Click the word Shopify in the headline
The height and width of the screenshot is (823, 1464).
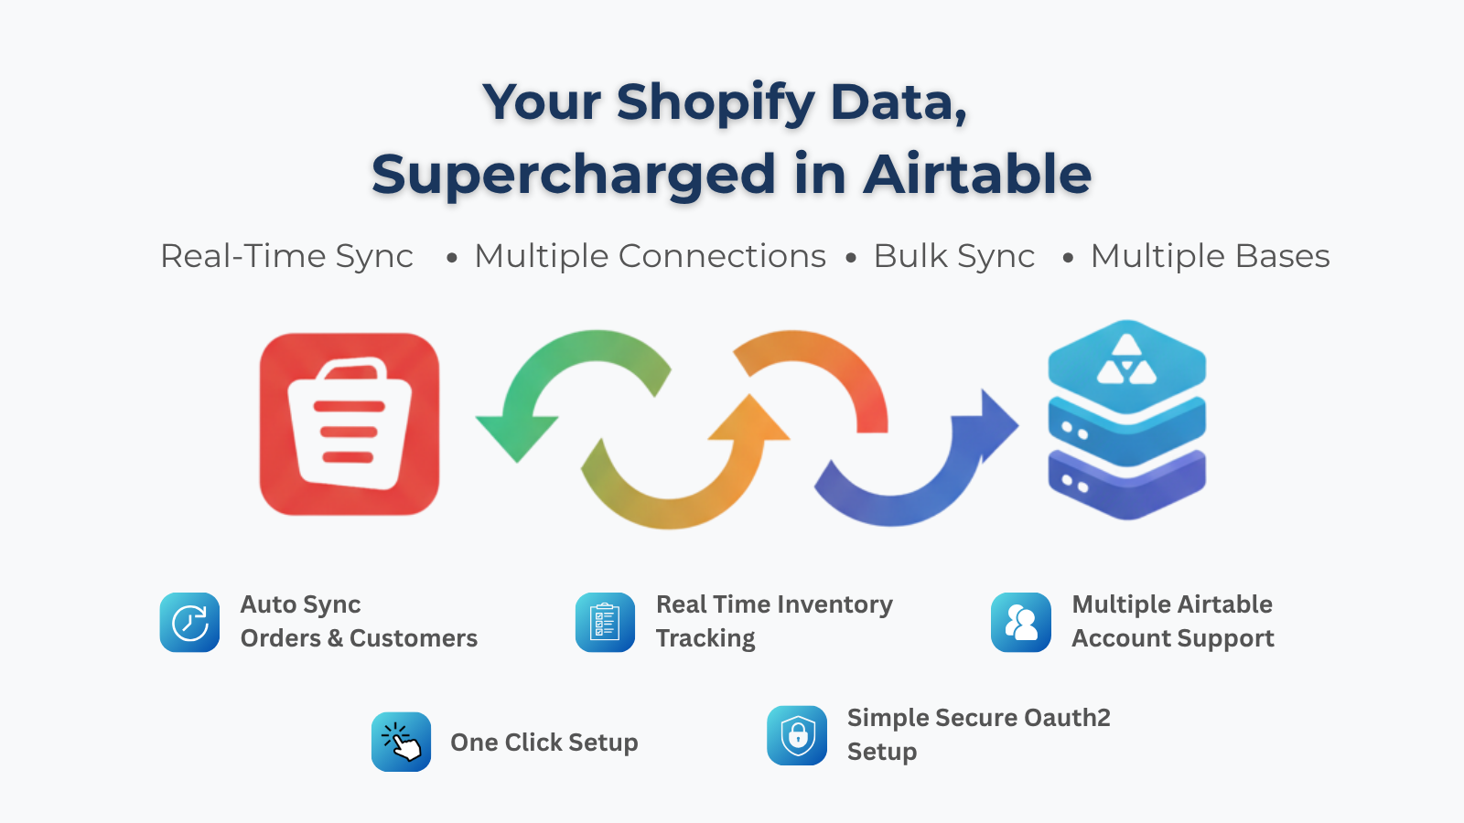point(716,102)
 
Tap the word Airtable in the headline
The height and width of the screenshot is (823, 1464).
point(977,175)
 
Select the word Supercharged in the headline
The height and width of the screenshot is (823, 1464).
point(574,175)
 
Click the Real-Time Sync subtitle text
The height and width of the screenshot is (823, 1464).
point(286,256)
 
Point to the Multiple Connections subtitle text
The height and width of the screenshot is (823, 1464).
point(650,256)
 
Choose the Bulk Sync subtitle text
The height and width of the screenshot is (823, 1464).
point(953,256)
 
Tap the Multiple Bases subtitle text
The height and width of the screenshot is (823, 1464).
point(1210,256)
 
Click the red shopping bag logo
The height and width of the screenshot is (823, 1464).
point(350,424)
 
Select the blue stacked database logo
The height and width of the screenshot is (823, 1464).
point(1126,420)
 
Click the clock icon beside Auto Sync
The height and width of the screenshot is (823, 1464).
point(189,623)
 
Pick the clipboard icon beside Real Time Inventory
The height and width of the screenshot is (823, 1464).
point(605,623)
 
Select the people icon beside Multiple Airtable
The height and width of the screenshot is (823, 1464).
point(1020,623)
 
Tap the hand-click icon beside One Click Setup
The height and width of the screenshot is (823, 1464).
point(401,742)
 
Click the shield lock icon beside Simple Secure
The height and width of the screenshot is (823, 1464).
point(797,735)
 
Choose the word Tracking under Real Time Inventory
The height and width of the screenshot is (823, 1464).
point(705,638)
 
